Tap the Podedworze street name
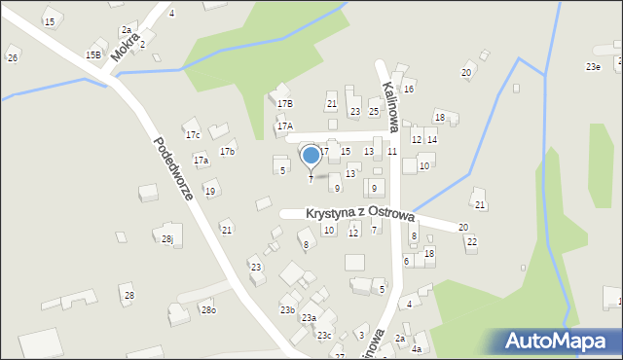(x=172, y=167)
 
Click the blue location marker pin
(x=311, y=155)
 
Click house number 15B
(x=92, y=55)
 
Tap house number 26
(x=13, y=58)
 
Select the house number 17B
(x=284, y=103)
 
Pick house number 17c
(x=193, y=134)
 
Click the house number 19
(x=209, y=191)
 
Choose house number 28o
(x=207, y=309)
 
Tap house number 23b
(x=287, y=309)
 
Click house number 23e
(x=593, y=67)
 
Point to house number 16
(x=409, y=89)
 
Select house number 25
(x=374, y=112)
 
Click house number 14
(x=431, y=140)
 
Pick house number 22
(x=471, y=241)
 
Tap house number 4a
(x=417, y=348)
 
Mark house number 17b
(x=227, y=152)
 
